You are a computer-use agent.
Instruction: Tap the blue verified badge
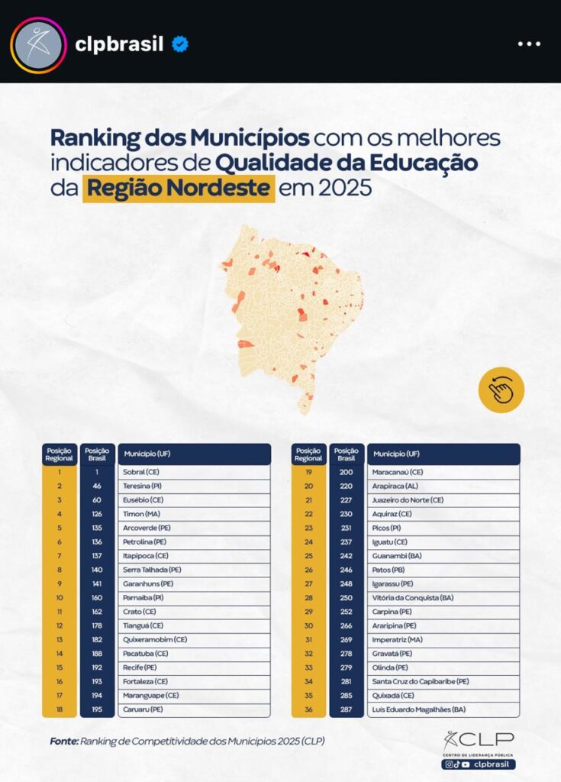tap(180, 44)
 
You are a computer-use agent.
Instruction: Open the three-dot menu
tap(528, 44)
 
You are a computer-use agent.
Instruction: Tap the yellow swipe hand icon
tap(501, 390)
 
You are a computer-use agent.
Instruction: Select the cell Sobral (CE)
tap(194, 472)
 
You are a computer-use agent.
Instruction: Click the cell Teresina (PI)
tap(194, 486)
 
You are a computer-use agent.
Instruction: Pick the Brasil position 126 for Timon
tap(97, 514)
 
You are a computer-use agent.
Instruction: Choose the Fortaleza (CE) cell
tap(194, 682)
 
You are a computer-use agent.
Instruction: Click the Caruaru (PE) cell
tap(194, 709)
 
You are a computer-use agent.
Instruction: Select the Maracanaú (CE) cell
tap(443, 472)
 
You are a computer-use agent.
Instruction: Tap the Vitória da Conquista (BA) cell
tap(443, 598)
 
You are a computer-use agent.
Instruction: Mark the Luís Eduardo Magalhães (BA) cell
tap(443, 709)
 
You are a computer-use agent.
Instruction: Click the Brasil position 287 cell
tap(346, 709)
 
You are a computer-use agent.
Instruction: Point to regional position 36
tap(308, 709)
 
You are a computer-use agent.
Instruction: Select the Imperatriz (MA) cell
tap(443, 639)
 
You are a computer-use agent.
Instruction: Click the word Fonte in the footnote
tap(64, 740)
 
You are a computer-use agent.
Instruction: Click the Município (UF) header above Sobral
tap(194, 454)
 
